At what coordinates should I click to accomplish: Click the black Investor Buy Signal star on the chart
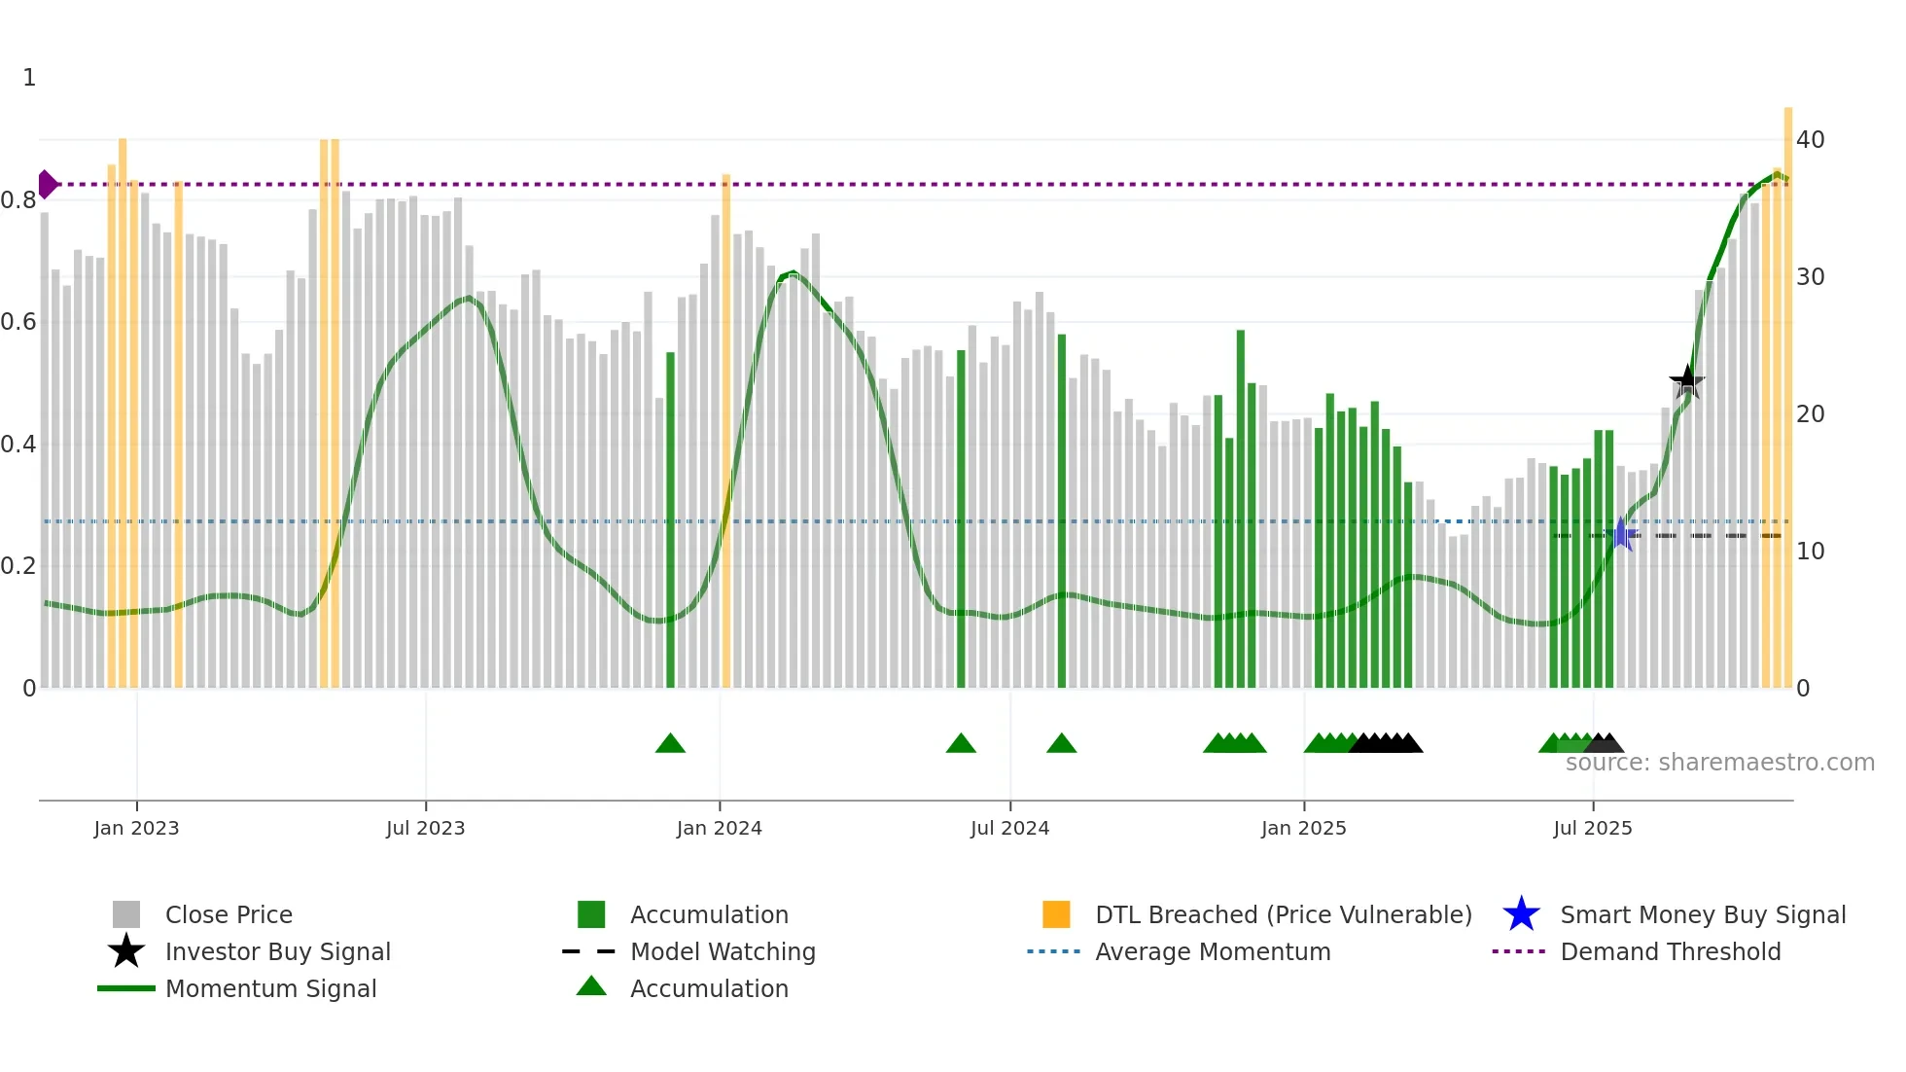[1686, 381]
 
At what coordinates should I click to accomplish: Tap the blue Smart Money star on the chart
[1621, 534]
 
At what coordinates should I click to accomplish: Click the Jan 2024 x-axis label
[719, 828]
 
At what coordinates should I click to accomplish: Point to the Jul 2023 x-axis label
[425, 828]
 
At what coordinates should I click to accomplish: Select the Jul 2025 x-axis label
[1592, 828]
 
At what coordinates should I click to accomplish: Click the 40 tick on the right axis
[1810, 140]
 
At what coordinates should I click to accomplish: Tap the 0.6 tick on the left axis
[18, 322]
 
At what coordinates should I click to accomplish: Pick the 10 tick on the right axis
[1810, 552]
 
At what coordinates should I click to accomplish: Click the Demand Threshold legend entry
[1670, 951]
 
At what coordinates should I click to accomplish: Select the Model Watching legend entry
[722, 951]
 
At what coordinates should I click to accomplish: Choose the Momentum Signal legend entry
[270, 988]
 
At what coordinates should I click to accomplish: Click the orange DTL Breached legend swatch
[1055, 914]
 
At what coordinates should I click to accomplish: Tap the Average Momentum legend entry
[1212, 951]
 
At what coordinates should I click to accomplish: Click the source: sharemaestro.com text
[1719, 763]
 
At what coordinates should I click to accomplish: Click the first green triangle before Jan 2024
[670, 744]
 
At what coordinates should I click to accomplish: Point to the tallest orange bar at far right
[1787, 389]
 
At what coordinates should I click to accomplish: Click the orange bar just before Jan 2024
[725, 428]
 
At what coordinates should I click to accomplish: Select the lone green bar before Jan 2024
[670, 516]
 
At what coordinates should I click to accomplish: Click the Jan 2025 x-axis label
[1303, 828]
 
